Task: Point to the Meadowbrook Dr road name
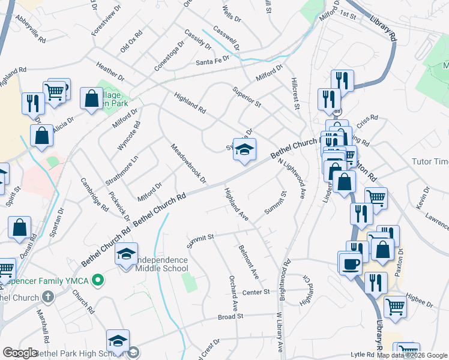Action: (x=188, y=163)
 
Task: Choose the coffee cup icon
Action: (x=351, y=263)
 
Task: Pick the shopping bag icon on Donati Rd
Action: (x=19, y=228)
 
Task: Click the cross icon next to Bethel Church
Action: (x=47, y=297)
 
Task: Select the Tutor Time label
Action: (x=430, y=162)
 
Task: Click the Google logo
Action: (x=20, y=353)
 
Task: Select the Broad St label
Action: (x=231, y=316)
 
